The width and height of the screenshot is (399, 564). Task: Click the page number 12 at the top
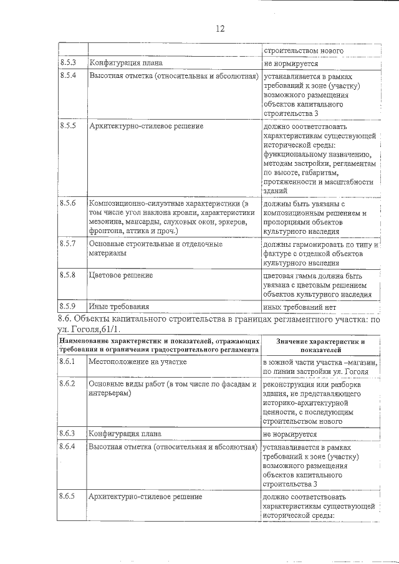pyautogui.click(x=219, y=29)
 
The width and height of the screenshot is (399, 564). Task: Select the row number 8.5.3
pyautogui.click(x=68, y=63)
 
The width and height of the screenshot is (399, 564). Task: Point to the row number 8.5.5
pyautogui.click(x=68, y=126)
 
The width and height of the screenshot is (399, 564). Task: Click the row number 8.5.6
pyautogui.click(x=68, y=204)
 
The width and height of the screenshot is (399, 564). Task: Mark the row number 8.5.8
pyautogui.click(x=68, y=275)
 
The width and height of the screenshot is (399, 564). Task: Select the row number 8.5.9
pyautogui.click(x=68, y=306)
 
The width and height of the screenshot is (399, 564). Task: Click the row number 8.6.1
pyautogui.click(x=68, y=361)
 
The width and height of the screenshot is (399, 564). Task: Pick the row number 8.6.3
pyautogui.click(x=68, y=433)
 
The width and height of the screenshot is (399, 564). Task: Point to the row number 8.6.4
pyautogui.click(x=68, y=447)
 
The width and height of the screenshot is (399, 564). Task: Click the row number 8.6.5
pyautogui.click(x=68, y=497)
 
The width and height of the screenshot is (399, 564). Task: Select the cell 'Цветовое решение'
pyautogui.click(x=122, y=275)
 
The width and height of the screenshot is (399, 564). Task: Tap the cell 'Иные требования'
pyautogui.click(x=119, y=307)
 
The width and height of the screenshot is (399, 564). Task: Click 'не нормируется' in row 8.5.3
pyautogui.click(x=291, y=64)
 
